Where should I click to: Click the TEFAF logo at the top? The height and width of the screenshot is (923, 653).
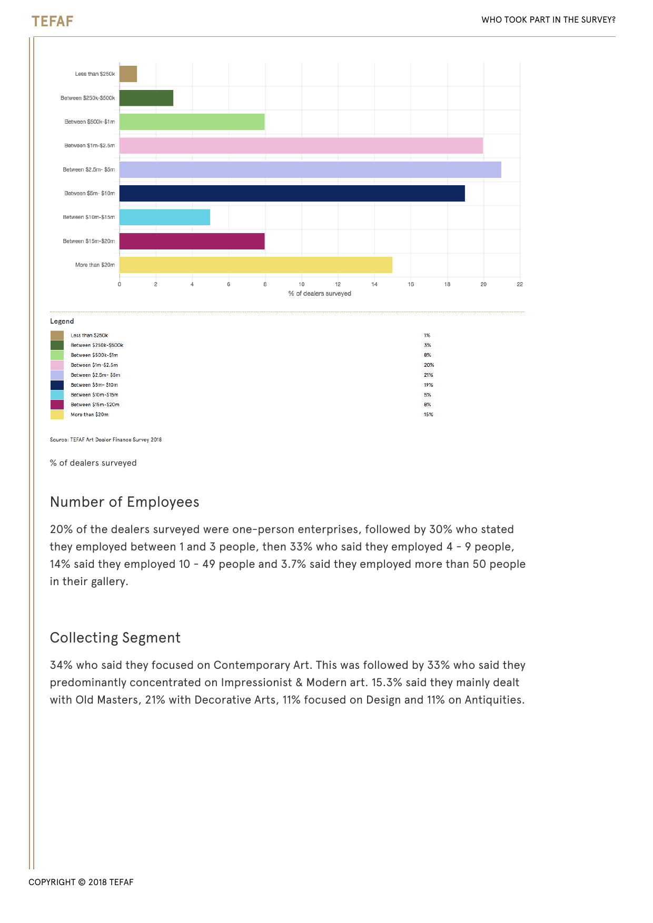[x=52, y=21]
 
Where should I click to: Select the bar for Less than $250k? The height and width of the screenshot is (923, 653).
[x=128, y=74]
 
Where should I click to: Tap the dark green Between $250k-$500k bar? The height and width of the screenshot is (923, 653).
[x=146, y=98]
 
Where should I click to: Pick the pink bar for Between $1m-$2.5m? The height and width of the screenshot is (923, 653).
[x=301, y=146]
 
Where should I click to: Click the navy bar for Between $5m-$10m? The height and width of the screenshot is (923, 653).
[x=292, y=193]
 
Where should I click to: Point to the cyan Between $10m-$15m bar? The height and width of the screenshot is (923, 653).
[x=164, y=217]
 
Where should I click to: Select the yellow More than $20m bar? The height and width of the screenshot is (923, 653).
[x=255, y=265]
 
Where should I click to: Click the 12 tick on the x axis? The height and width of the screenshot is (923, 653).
[x=338, y=285]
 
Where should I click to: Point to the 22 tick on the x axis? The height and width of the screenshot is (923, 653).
[x=520, y=285]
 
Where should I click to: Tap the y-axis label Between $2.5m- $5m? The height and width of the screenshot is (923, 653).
[x=88, y=169]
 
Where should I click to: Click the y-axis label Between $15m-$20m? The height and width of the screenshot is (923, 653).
[x=88, y=241]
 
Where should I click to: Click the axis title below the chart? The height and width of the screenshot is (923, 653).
[x=320, y=294]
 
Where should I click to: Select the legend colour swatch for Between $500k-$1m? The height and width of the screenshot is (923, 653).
[x=57, y=355]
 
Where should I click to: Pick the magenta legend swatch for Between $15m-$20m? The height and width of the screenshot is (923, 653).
[x=57, y=405]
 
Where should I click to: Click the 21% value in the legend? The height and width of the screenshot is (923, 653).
[x=428, y=375]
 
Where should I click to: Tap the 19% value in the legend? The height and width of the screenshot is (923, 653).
[x=428, y=385]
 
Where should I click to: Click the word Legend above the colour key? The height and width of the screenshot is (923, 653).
[x=62, y=322]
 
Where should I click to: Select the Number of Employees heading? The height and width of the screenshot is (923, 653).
[x=125, y=502]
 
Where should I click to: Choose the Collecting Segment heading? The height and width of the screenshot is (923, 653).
[x=115, y=638]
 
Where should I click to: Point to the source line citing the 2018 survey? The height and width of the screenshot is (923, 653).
[x=106, y=440]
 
